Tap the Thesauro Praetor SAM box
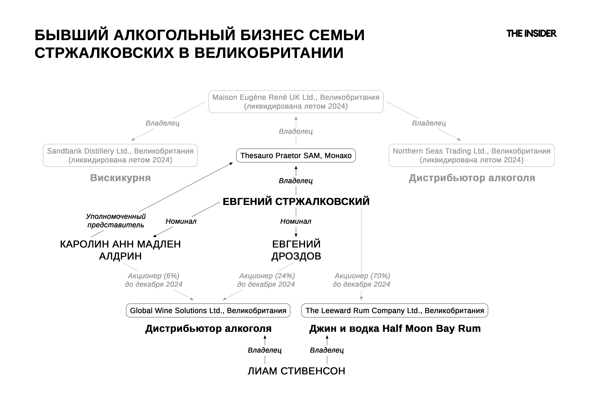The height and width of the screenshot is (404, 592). (296, 156)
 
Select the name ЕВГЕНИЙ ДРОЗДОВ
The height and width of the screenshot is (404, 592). (296, 250)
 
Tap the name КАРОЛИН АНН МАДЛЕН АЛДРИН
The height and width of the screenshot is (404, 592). (120, 250)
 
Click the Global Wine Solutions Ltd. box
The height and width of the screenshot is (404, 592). (208, 310)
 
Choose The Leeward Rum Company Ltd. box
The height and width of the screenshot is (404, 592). (395, 310)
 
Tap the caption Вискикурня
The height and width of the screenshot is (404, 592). (120, 178)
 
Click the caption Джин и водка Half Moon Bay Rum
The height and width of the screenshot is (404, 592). (395, 329)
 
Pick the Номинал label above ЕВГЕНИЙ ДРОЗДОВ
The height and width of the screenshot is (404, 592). (296, 221)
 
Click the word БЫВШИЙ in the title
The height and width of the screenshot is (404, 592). (72, 35)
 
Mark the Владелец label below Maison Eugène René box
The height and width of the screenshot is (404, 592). (296, 131)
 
